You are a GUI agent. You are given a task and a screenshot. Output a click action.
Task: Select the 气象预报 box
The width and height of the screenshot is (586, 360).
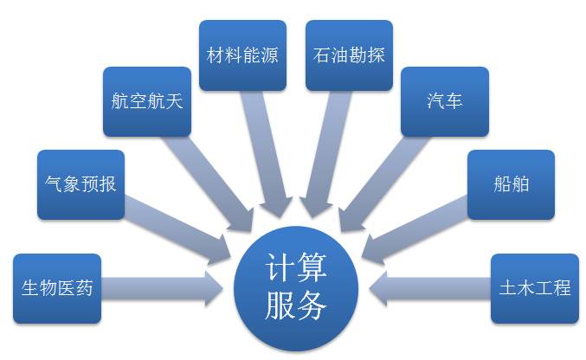tap(80, 184)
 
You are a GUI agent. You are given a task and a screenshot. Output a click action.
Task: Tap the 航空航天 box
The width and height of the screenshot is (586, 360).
tap(147, 101)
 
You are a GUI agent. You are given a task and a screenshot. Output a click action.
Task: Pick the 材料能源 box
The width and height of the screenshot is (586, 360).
tap(243, 55)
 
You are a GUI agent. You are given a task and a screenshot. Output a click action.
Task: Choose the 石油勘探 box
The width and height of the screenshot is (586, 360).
tap(349, 55)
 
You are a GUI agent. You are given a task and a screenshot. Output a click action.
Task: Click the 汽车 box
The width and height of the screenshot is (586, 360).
tap(445, 101)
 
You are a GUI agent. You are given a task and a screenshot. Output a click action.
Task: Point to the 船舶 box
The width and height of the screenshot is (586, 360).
tap(511, 184)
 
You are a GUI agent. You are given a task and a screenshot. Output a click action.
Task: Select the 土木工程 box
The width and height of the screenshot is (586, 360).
tap(534, 288)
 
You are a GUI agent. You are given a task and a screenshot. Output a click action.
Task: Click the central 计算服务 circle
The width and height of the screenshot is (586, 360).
tap(295, 287)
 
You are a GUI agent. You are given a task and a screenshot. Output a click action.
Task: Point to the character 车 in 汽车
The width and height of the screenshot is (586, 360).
tap(454, 101)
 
